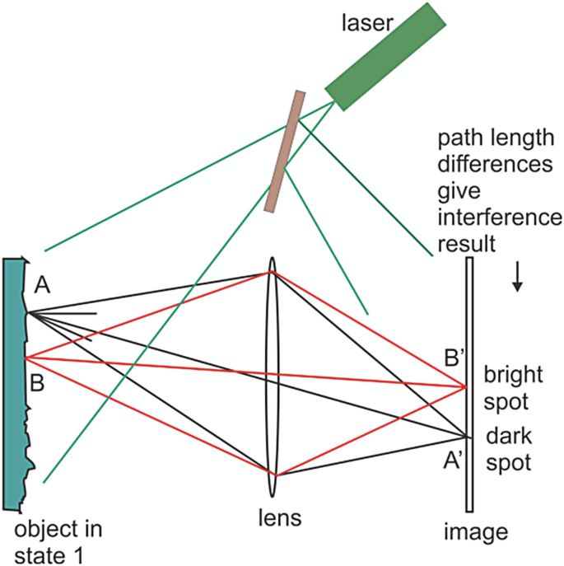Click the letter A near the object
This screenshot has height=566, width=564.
coord(44,286)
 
